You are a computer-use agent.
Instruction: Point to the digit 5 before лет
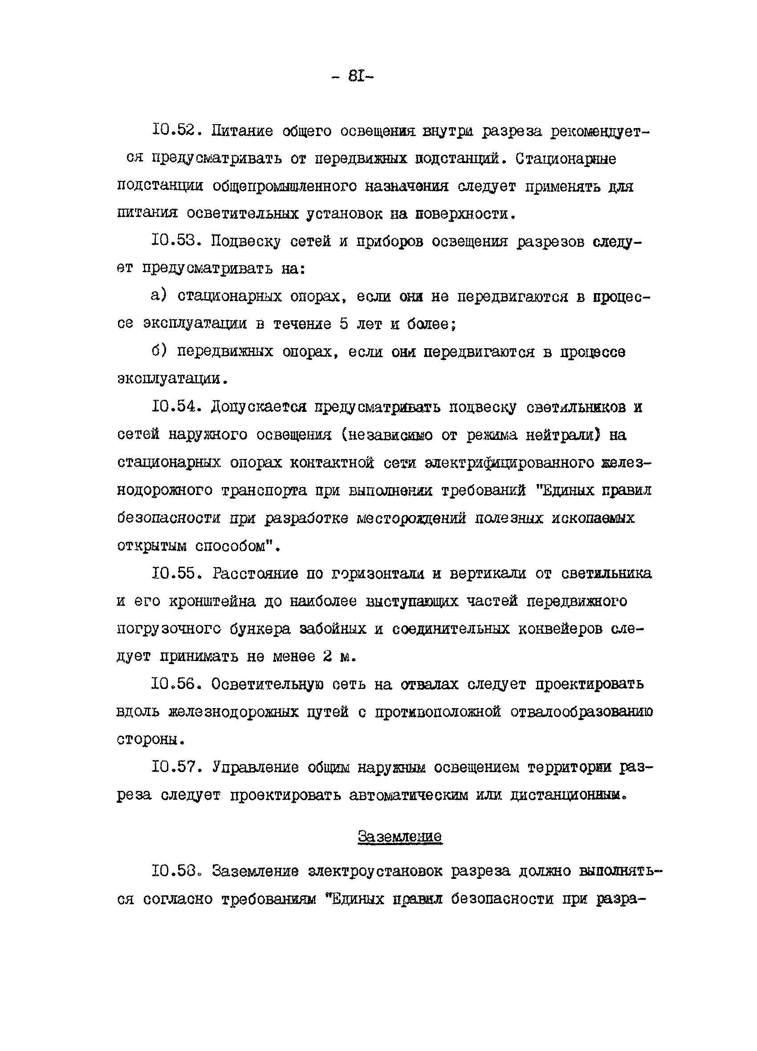click(343, 323)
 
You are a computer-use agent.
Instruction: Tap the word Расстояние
click(255, 574)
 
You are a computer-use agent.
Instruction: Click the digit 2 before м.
click(327, 656)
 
